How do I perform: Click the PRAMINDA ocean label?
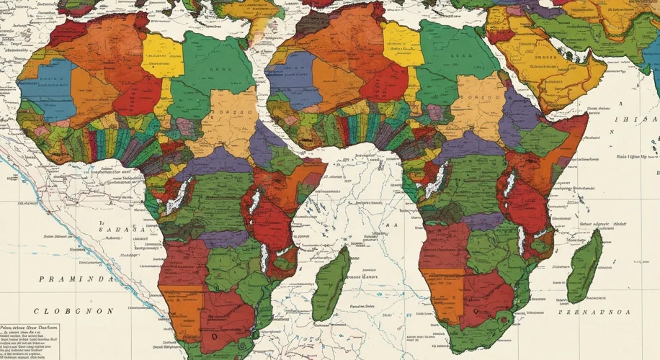pos(76,279)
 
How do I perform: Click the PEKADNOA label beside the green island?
pos(597,311)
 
